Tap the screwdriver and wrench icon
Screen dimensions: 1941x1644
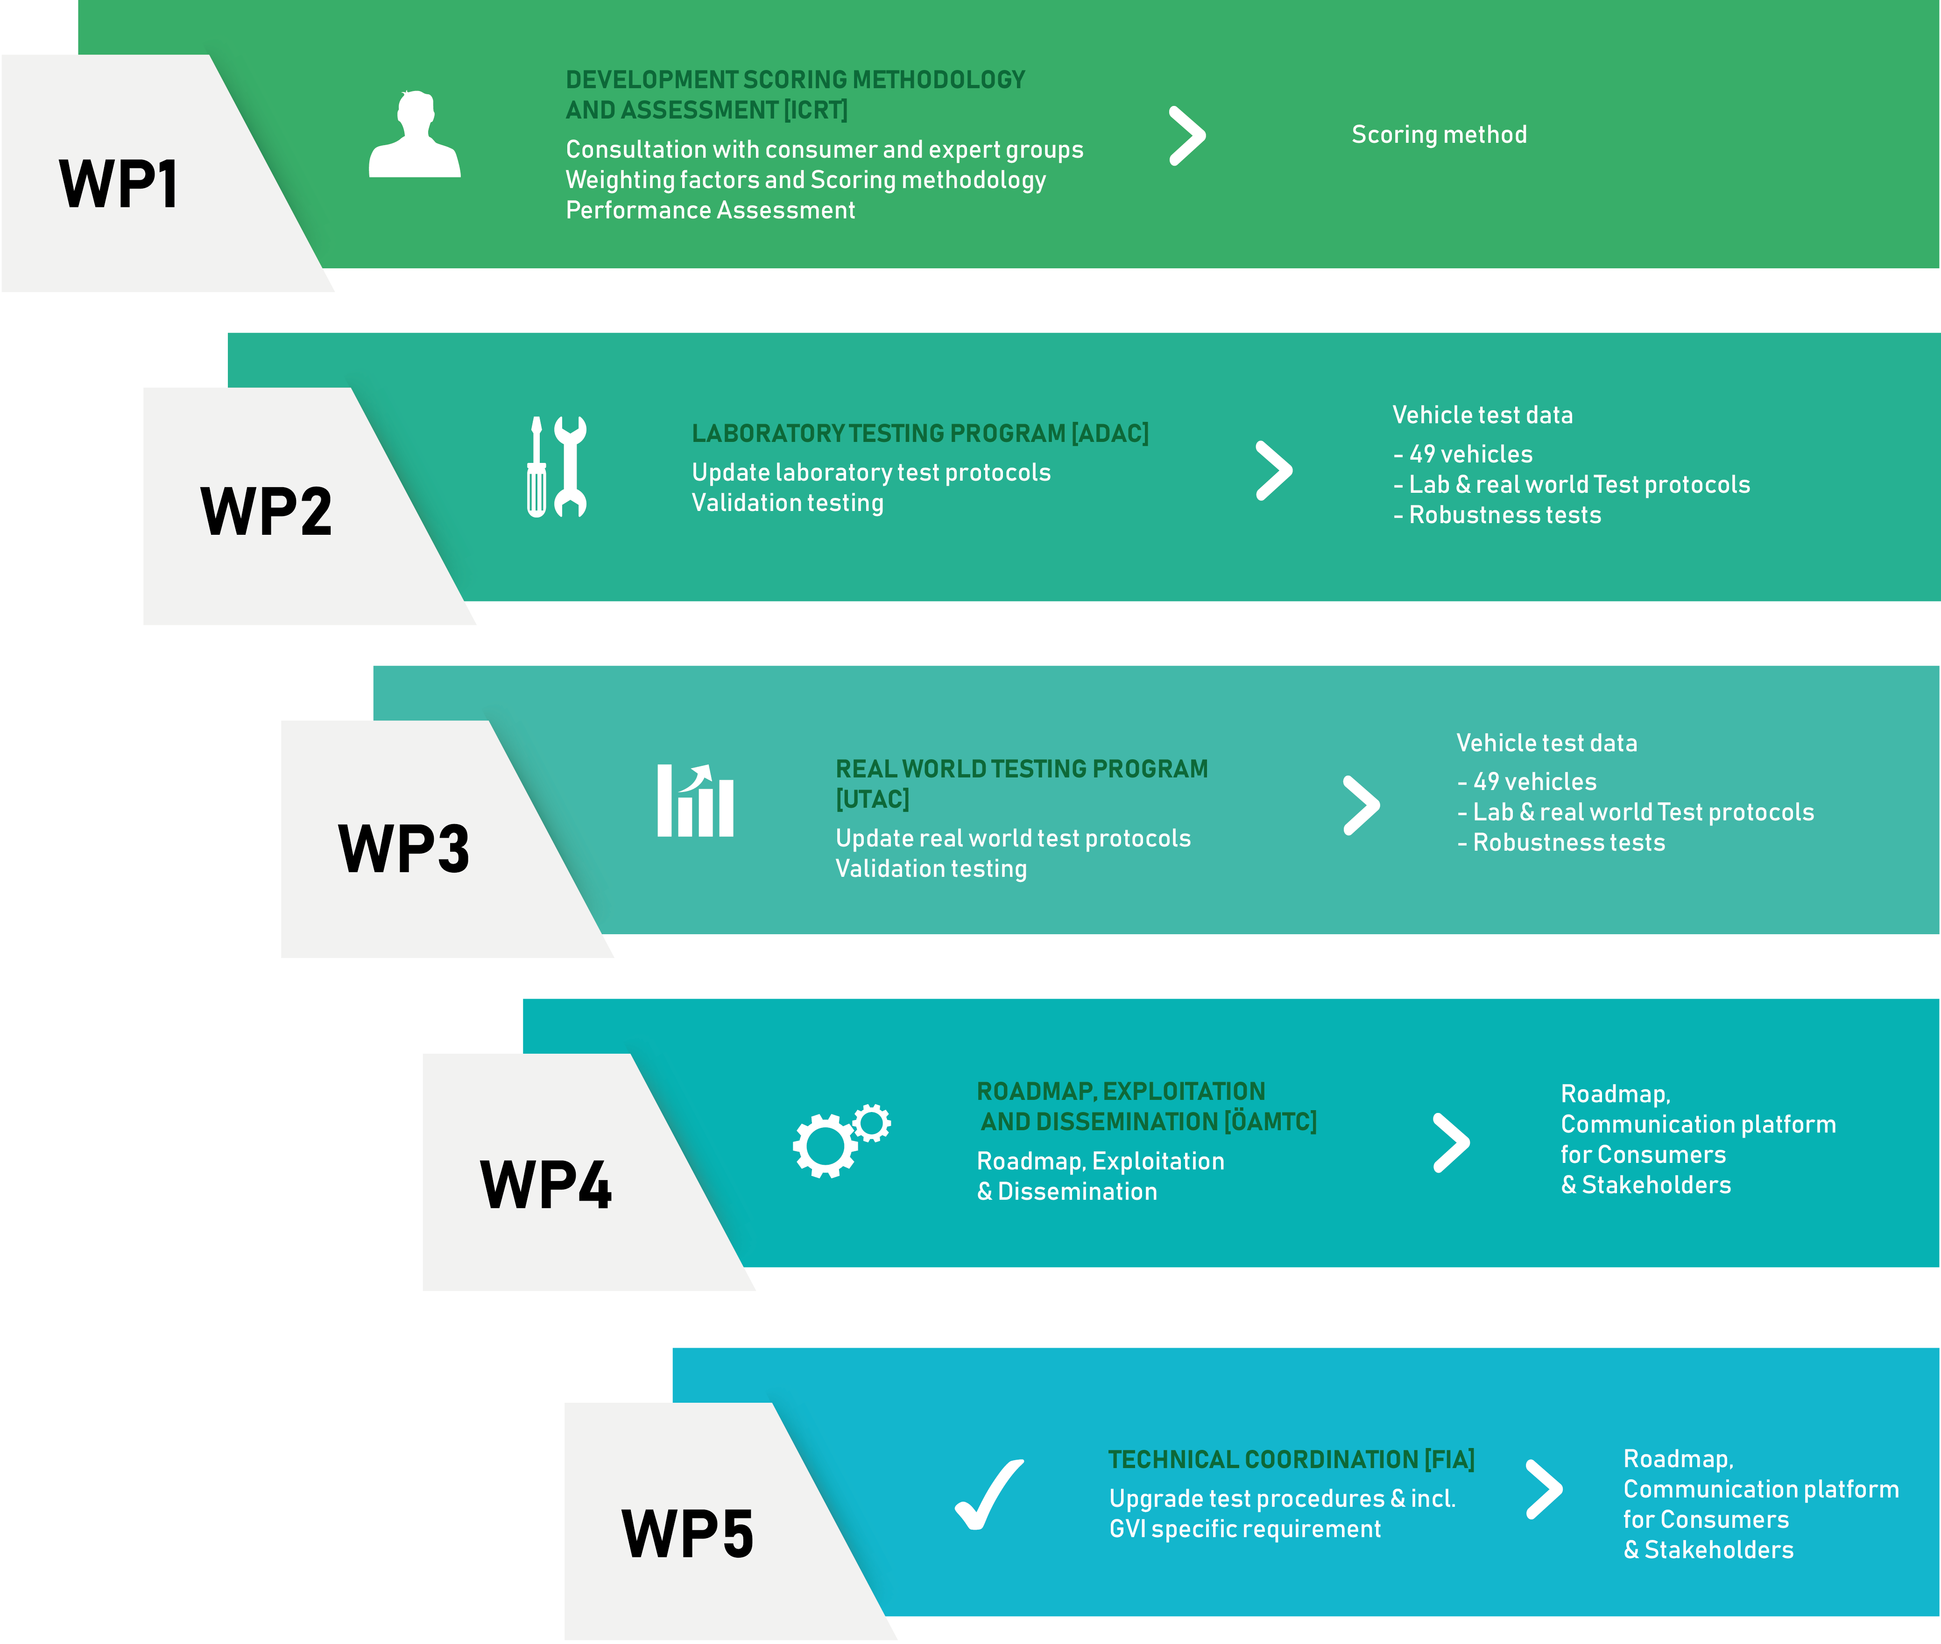[557, 466]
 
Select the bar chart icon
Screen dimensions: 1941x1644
[695, 801]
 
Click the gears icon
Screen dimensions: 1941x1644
[841, 1141]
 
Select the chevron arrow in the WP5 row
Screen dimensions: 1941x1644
[1544, 1489]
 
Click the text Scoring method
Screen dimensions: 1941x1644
[1440, 135]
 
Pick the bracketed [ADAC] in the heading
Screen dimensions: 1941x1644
[1110, 434]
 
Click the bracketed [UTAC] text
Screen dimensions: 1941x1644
[872, 800]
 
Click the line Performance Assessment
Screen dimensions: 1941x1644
[710, 210]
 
